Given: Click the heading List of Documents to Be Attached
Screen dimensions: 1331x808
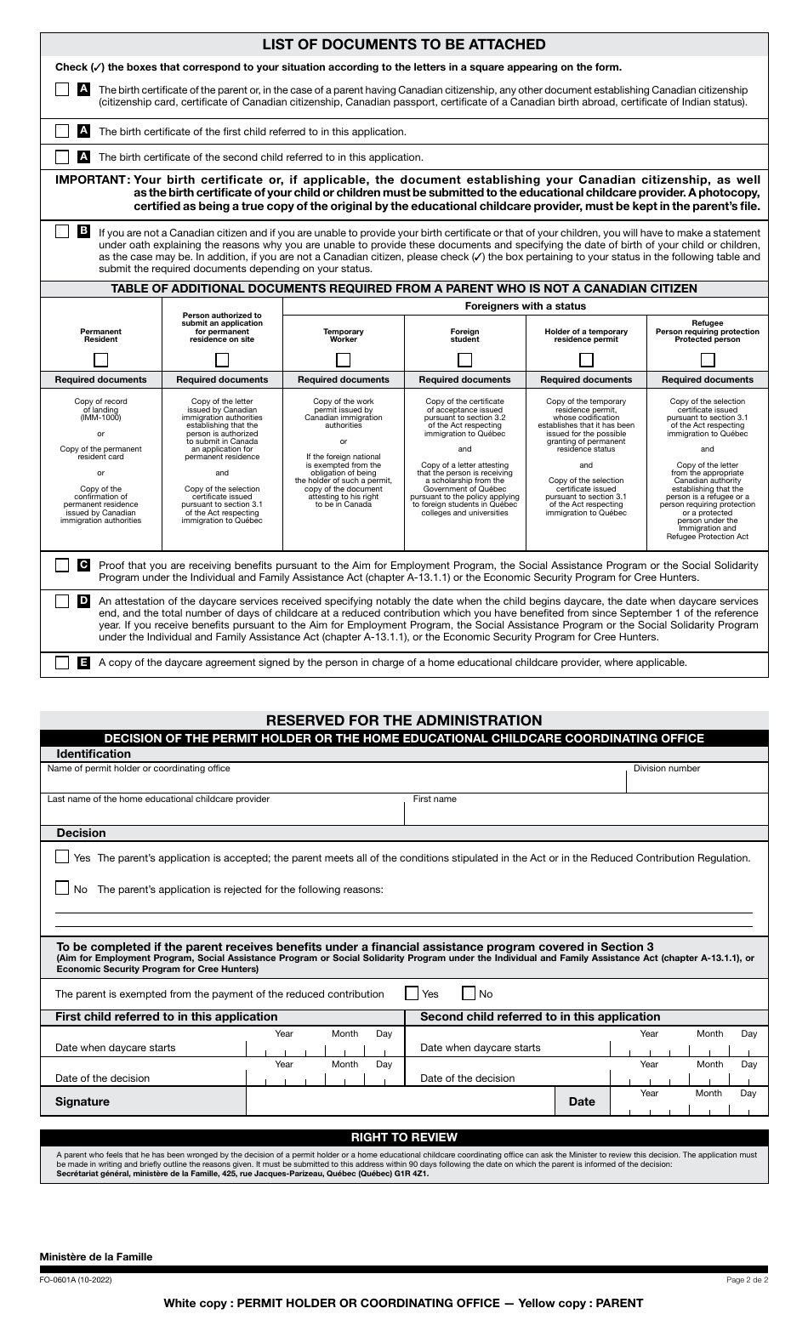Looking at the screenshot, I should [x=404, y=44].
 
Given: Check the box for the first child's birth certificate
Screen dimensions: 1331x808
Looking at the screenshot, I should [x=62, y=132].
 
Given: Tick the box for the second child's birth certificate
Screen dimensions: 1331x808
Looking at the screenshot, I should [x=62, y=157].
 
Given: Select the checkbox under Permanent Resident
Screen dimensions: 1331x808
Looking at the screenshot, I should [x=100, y=359].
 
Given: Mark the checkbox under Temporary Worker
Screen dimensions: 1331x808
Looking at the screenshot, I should [x=343, y=359].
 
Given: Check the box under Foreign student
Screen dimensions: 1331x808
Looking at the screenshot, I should [x=464, y=359].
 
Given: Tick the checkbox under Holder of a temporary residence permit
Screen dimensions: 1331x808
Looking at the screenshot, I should [x=586, y=359].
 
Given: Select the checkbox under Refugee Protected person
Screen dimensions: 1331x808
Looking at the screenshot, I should [x=707, y=359].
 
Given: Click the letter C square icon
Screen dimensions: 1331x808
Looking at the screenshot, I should [x=84, y=566].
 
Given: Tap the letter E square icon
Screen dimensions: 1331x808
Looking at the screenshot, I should [x=84, y=663].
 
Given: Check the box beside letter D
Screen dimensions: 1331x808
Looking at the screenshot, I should [x=62, y=601].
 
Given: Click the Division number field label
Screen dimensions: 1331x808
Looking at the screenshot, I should [x=667, y=768].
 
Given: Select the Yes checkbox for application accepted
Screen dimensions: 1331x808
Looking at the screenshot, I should [x=62, y=857].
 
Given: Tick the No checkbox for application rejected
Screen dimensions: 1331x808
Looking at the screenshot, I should [x=62, y=889].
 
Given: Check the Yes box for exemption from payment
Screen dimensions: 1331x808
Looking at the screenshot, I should [x=412, y=993].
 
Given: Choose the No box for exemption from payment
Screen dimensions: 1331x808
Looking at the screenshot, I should [x=469, y=993].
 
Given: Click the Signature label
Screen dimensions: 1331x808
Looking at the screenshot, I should [x=83, y=1101].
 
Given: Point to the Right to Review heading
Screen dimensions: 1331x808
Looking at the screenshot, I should [x=404, y=1137].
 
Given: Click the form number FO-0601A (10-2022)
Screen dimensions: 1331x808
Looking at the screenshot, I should [x=76, y=1280].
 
